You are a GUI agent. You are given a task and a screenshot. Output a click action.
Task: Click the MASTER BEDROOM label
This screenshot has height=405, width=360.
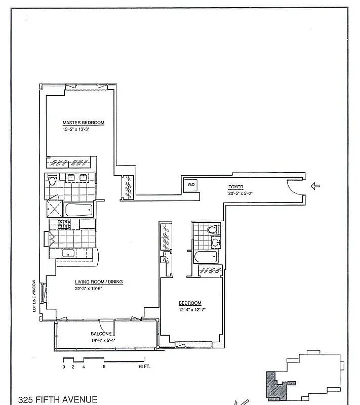[83, 123]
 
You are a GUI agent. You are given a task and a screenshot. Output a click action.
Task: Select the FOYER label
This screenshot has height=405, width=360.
[235, 187]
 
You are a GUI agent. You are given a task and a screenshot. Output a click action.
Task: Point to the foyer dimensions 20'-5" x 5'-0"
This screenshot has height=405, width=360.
[241, 193]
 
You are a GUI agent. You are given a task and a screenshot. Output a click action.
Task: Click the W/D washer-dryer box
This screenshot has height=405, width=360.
[191, 185]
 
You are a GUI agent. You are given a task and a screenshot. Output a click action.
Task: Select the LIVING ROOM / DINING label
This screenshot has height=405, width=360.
[99, 282]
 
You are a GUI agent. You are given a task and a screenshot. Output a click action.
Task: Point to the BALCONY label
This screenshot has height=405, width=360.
[101, 334]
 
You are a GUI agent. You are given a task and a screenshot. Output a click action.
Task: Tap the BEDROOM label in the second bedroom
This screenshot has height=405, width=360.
[190, 303]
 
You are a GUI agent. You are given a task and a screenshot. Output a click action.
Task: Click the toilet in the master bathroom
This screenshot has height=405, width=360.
[52, 180]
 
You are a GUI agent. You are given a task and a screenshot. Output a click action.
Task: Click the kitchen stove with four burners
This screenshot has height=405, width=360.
[64, 224]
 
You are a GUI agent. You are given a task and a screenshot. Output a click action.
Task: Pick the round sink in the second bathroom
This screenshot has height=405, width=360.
[215, 242]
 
